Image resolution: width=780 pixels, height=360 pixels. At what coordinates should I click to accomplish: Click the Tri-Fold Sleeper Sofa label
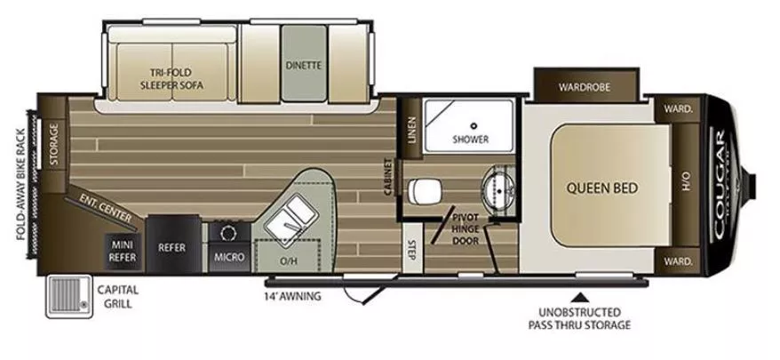[171, 79]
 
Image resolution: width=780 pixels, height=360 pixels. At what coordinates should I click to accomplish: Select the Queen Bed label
[602, 188]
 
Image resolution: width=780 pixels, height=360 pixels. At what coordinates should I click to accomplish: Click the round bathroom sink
[495, 188]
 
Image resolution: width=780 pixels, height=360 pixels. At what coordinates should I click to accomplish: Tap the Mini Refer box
[122, 246]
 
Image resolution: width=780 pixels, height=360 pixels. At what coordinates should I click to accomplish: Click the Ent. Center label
[106, 206]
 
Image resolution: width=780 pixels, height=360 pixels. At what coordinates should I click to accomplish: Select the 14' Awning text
[292, 295]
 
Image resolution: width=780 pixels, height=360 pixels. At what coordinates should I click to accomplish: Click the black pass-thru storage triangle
[583, 295]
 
